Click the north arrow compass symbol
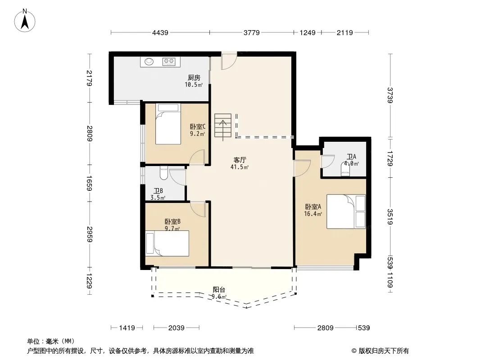pos(25,20)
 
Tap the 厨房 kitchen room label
pos(194,78)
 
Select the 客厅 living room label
pos(240,160)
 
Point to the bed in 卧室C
pos(168,124)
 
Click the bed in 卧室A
pos(346,211)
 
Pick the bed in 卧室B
pos(167,243)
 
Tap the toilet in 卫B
pos(163,173)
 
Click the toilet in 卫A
pos(345,170)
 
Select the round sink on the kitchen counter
pos(149,61)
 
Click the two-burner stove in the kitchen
pos(169,62)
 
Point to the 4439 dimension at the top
pos(160,33)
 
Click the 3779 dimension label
pos(252,33)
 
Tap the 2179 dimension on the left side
pos(90,78)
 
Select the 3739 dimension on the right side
pos(390,95)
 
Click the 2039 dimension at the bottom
pos(177,328)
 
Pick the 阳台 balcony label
pos(219,290)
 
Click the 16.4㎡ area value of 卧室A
pos(313,214)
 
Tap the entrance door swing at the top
pos(229,60)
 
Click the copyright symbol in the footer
pos(354,351)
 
